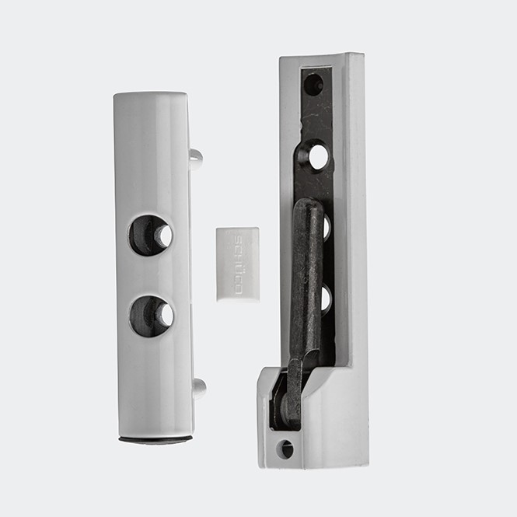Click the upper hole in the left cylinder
click(x=151, y=235)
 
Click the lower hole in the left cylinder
click(x=152, y=316)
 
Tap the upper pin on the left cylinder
click(x=196, y=159)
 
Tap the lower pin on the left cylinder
click(x=199, y=386)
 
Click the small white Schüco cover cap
click(x=237, y=264)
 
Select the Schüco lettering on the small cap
click(x=238, y=264)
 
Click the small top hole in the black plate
click(x=313, y=84)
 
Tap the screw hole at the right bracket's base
click(x=286, y=449)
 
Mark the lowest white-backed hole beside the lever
click(x=327, y=298)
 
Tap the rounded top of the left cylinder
click(x=152, y=97)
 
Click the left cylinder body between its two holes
click(x=152, y=275)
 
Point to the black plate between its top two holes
click(x=315, y=119)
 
